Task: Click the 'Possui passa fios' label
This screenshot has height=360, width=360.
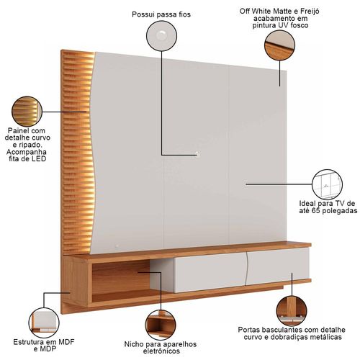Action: click(161, 14)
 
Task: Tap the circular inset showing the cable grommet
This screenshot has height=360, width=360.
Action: click(161, 36)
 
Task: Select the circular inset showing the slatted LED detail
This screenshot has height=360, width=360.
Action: click(27, 112)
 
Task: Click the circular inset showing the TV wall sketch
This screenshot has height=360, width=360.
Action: click(327, 184)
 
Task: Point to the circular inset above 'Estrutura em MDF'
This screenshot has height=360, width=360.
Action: click(44, 323)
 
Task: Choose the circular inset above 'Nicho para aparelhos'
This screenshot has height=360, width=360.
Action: click(161, 325)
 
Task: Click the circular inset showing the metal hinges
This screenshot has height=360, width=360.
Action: click(292, 311)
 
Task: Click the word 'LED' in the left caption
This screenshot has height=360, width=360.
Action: click(39, 159)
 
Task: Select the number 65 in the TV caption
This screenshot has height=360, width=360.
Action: click(316, 211)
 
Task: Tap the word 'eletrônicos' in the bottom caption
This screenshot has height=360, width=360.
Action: click(161, 351)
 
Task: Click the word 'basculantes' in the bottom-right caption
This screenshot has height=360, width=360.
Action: click(279, 330)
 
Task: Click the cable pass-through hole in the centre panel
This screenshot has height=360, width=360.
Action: click(197, 153)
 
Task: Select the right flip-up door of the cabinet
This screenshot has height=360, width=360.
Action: click(277, 266)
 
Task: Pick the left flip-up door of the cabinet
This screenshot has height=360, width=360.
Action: click(210, 272)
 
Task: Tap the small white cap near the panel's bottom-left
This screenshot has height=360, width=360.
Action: click(117, 246)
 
